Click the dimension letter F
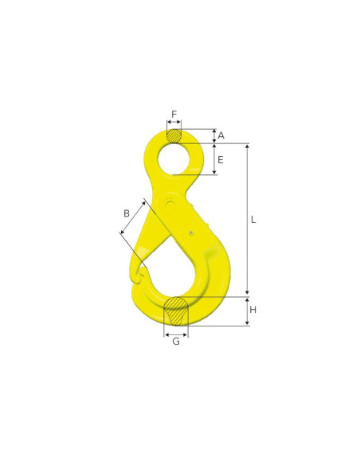174,113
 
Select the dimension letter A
221,135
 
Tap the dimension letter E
221,159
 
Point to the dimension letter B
126,213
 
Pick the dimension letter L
253,220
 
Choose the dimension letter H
253,310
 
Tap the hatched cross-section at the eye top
174,135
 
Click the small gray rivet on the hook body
192,232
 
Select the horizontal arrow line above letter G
176,334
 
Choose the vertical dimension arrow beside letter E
214,159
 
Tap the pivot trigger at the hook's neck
170,205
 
